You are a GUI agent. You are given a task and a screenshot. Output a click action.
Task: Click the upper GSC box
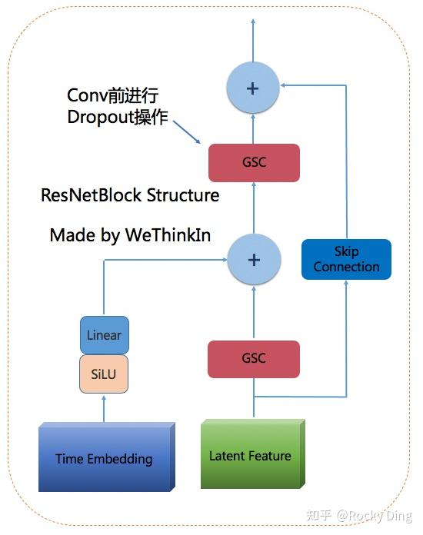[254, 163]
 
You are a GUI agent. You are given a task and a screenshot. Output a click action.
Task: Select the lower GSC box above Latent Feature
[254, 359]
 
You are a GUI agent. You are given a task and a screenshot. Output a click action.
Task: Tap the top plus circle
[253, 88]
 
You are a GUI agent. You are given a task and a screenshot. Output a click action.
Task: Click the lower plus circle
[254, 260]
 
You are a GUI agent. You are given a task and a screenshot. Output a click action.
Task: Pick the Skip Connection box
[346, 259]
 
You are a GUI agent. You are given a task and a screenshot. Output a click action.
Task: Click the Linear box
[104, 335]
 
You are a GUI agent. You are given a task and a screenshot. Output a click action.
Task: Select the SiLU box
[104, 374]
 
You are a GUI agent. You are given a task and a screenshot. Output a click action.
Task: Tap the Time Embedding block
[106, 457]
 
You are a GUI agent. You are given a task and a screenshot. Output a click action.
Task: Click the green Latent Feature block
[252, 454]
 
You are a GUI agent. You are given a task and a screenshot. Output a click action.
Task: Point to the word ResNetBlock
[91, 195]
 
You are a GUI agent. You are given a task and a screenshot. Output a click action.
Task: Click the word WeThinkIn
[168, 235]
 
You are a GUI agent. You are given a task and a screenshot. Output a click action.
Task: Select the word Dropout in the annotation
[100, 118]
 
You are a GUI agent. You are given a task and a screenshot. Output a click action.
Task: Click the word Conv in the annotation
[87, 95]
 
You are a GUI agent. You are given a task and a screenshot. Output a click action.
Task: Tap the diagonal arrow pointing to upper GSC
[187, 131]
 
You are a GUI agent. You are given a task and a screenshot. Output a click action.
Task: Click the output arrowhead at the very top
[253, 22]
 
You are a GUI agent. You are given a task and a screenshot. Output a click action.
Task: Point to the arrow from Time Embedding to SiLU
[104, 409]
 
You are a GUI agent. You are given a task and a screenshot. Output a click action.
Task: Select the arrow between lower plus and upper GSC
[254, 208]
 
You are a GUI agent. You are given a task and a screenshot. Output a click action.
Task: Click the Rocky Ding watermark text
[375, 516]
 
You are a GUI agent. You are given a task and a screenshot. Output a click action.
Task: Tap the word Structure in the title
[183, 195]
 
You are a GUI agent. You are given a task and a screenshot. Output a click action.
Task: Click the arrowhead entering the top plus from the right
[283, 85]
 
